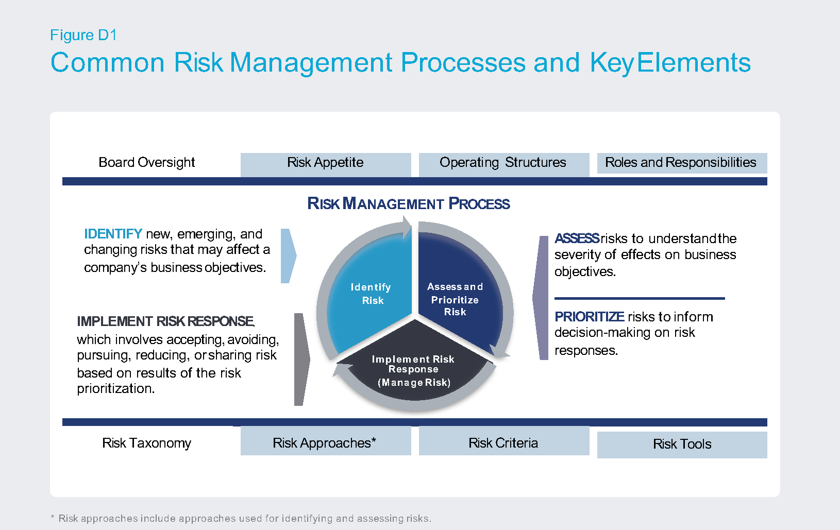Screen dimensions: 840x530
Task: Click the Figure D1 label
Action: (83, 35)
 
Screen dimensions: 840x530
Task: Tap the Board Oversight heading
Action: (147, 162)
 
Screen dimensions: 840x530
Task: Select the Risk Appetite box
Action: (326, 164)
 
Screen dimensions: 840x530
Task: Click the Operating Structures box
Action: (503, 164)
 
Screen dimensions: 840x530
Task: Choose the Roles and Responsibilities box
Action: (682, 163)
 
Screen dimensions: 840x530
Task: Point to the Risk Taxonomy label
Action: (147, 443)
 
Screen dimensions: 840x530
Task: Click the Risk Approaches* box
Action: (326, 441)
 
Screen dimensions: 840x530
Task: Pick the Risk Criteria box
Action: (503, 441)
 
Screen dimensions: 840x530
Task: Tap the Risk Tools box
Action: (682, 445)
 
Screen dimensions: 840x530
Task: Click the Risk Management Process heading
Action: (408, 203)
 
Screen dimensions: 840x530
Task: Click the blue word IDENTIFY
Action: (113, 234)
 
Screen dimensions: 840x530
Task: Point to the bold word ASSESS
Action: (577, 238)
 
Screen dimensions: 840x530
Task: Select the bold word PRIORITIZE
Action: (589, 317)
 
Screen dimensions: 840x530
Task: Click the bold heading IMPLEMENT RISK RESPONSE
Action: (166, 321)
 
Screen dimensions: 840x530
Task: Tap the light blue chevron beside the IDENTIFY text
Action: (289, 256)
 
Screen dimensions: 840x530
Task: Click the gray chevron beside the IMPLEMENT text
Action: (302, 360)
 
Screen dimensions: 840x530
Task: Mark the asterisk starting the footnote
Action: (53, 518)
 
